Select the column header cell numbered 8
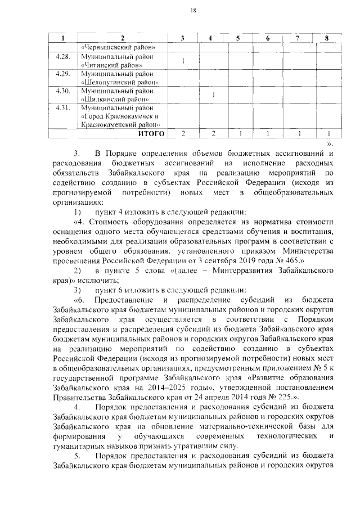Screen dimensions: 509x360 (326, 38)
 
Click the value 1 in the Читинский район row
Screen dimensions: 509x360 (183, 61)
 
